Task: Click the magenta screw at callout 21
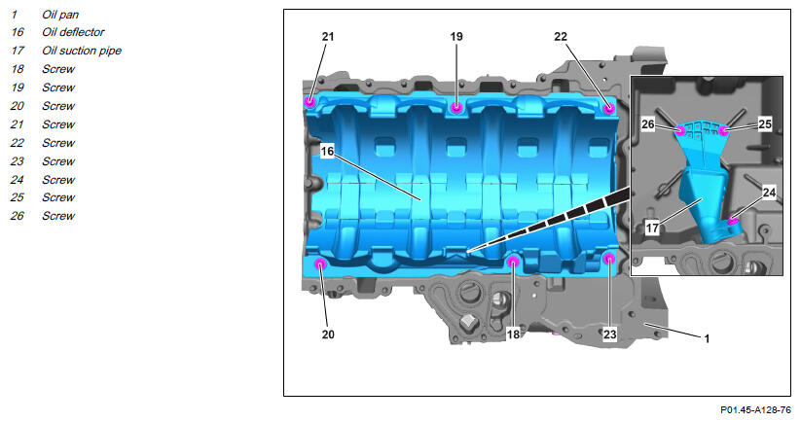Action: point(310,101)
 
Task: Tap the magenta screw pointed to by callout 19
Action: point(456,107)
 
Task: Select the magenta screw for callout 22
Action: point(608,108)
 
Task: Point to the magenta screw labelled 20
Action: point(320,264)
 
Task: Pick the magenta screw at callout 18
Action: point(513,262)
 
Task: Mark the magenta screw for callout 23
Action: point(609,259)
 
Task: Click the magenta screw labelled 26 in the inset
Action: point(680,129)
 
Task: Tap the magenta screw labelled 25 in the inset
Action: point(723,131)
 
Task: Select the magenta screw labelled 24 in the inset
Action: point(733,221)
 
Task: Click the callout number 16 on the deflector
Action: point(327,151)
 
